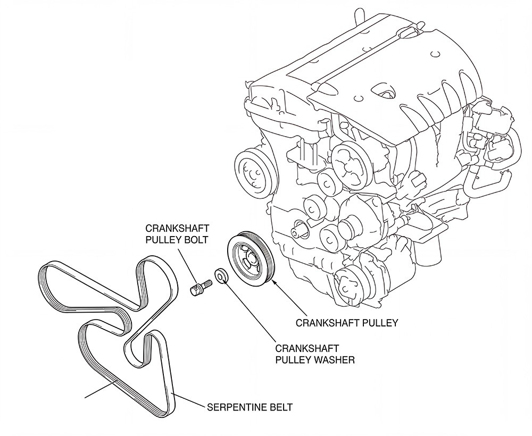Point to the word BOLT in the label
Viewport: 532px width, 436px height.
click(193, 239)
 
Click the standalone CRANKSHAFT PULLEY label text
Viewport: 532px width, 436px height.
click(346, 323)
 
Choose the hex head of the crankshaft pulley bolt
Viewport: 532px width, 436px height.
click(195, 289)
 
